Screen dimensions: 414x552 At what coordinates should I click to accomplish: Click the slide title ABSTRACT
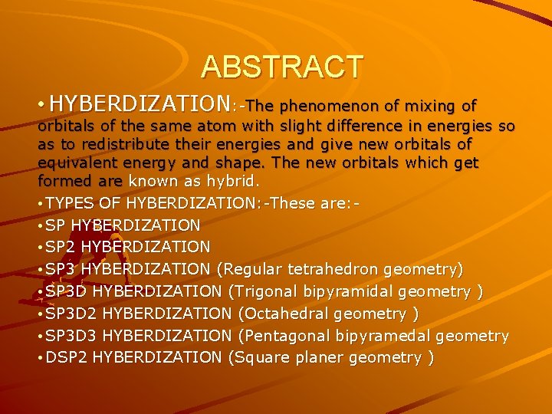pos(281,67)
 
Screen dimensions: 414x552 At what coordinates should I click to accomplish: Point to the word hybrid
pos(234,181)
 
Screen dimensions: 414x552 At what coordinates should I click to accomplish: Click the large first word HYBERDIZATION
pos(145,103)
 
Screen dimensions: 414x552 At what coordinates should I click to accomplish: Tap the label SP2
pos(61,247)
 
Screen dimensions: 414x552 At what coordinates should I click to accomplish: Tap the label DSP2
pos(66,358)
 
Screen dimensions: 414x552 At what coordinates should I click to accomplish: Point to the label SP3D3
pos(71,336)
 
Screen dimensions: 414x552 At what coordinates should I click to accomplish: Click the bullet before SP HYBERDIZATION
pos(41,226)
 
